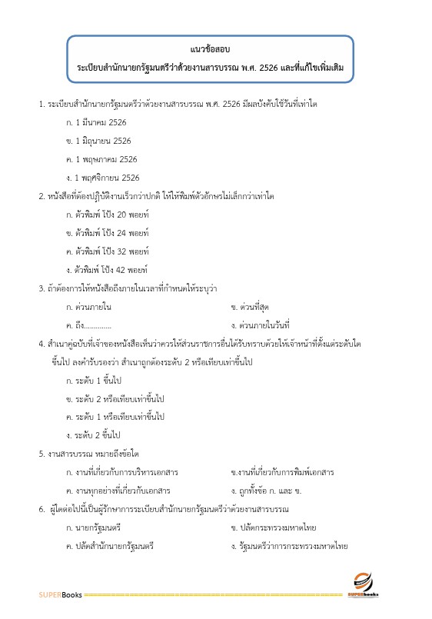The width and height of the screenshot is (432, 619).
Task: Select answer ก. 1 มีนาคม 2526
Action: pos(96,122)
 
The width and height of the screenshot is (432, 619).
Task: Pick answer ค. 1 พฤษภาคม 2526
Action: pos(101,159)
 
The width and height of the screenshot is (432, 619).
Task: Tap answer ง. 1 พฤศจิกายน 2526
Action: pos(102,178)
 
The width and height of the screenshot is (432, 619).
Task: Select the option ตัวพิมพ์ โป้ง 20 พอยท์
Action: pos(108,215)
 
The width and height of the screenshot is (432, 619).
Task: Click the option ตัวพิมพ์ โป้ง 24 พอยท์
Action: pos(108,233)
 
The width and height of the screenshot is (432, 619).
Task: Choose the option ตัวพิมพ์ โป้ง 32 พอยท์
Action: pos(108,251)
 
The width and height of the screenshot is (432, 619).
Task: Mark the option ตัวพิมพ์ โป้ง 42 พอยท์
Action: pos(108,270)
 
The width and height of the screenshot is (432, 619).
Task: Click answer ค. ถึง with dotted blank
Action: pos(88,325)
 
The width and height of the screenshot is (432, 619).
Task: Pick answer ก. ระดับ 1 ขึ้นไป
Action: pos(95,381)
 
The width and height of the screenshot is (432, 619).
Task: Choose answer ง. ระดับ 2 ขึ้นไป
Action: pos(95,435)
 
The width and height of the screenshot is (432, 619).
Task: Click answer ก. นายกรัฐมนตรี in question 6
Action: pos(94,527)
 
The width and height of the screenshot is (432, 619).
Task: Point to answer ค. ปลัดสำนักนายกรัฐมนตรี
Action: pos(110,546)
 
